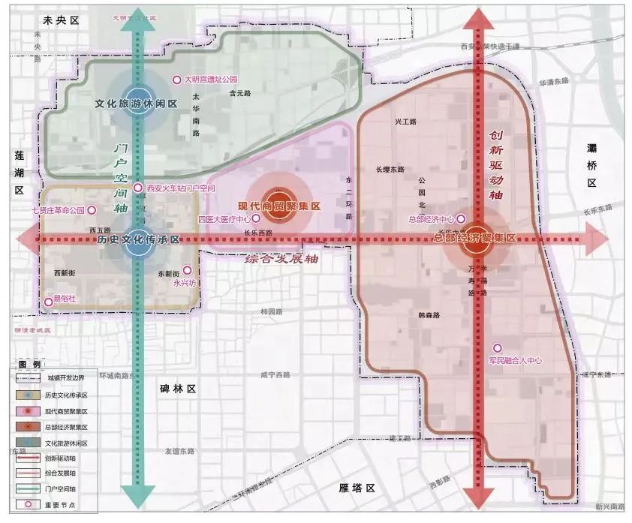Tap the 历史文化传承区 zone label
click(x=139, y=240)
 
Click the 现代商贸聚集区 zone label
click(x=279, y=206)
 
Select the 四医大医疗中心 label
click(x=224, y=219)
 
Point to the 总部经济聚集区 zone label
click(x=476, y=238)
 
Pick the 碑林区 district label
click(x=177, y=389)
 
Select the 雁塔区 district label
click(x=357, y=488)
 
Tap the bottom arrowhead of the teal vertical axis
click(x=136, y=495)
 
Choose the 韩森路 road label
click(x=429, y=316)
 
